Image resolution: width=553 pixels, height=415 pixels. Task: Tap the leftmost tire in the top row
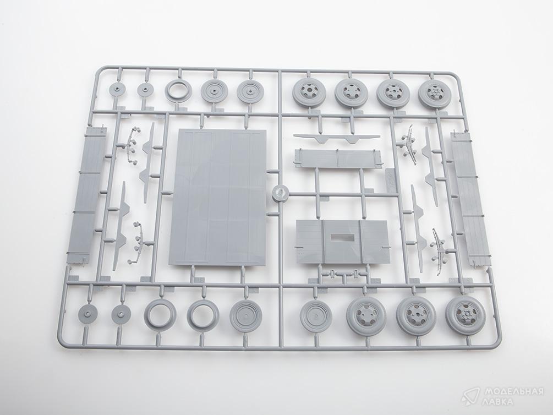(x=307, y=93)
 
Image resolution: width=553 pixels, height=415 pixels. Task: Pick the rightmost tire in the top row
(x=432, y=94)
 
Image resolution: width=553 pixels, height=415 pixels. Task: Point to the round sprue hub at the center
(x=281, y=193)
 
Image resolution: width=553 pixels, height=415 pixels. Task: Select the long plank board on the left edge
(x=86, y=195)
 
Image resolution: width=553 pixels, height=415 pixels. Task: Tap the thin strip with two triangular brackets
(x=337, y=138)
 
